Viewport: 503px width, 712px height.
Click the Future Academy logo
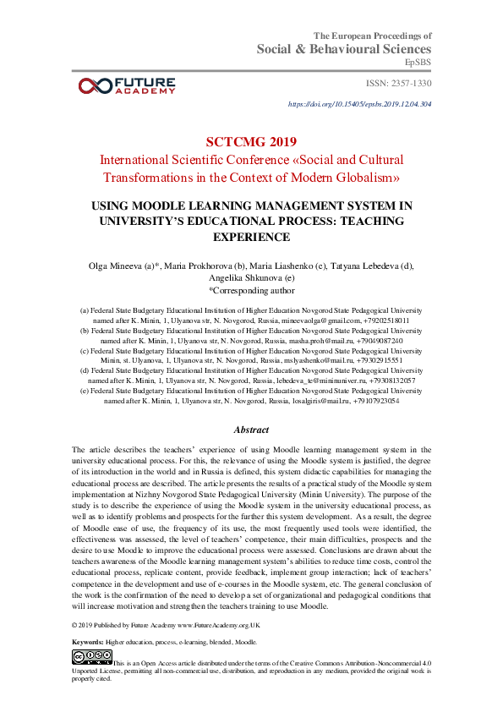click(126, 85)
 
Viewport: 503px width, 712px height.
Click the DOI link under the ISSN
click(360, 104)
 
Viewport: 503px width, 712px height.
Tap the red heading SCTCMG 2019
click(251, 140)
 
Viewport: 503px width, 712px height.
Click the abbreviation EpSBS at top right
click(418, 62)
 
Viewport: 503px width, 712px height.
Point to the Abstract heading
click(251, 430)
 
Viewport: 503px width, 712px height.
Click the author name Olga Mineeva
click(117, 266)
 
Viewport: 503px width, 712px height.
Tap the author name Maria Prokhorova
click(200, 266)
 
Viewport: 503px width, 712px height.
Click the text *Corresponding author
click(251, 290)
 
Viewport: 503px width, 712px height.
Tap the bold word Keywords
click(88, 642)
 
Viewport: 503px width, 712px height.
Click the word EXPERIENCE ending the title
click(251, 237)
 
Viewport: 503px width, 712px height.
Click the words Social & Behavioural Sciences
click(344, 49)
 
